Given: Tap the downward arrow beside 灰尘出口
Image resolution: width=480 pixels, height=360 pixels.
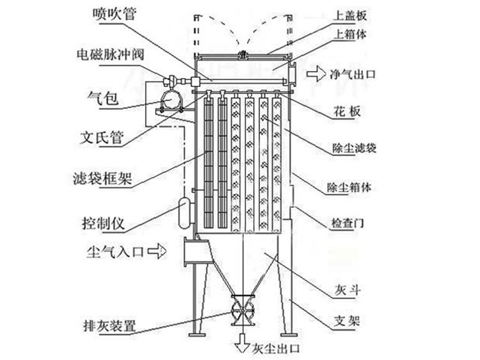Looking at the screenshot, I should (243, 347).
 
